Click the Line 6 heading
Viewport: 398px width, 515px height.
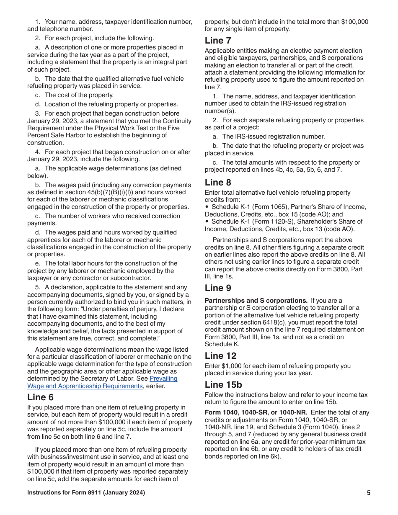[41, 397]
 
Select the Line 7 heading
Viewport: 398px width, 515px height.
[218, 41]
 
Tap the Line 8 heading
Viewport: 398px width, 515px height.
[218, 183]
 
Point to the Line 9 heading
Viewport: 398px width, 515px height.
[218, 288]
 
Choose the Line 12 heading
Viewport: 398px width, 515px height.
[220, 356]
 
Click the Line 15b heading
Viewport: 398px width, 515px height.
[223, 385]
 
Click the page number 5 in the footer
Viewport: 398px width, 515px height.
[369, 493]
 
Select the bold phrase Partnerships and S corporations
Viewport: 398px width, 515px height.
[256, 301]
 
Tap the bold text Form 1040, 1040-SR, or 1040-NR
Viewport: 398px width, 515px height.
[256, 412]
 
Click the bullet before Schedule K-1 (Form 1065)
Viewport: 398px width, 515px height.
[207, 207]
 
